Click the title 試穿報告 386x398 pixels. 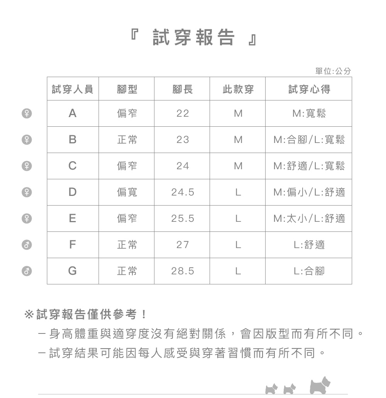(x=193, y=37)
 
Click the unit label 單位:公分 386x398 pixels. (x=333, y=71)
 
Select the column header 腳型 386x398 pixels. (x=127, y=89)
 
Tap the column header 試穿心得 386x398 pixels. (x=309, y=89)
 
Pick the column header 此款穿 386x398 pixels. (x=238, y=89)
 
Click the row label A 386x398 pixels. (x=73, y=114)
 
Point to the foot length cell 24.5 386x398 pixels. (x=183, y=192)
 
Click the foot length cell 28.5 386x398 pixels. (x=183, y=271)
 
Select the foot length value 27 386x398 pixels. (x=183, y=245)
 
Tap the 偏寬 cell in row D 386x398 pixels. (x=127, y=192)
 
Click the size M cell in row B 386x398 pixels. (x=238, y=139)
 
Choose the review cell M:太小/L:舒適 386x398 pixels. (x=309, y=219)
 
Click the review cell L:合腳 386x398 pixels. (x=309, y=271)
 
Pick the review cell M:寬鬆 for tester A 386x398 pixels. (x=309, y=114)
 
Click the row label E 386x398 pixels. (x=73, y=219)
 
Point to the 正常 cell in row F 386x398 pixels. (x=127, y=245)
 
